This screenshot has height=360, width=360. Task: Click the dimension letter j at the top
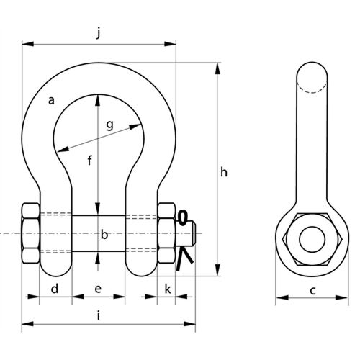point(99,33)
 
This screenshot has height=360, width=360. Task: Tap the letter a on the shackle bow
point(51,100)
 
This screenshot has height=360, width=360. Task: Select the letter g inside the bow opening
point(109,125)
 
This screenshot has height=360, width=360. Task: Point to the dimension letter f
point(90,161)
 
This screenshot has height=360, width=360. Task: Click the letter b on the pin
point(104,235)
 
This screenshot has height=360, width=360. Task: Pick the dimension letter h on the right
point(224,172)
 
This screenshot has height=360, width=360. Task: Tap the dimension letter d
point(55,289)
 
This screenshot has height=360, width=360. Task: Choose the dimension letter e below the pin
point(98,289)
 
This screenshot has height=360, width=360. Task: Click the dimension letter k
point(168,289)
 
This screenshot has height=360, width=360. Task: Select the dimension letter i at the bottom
point(99,316)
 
